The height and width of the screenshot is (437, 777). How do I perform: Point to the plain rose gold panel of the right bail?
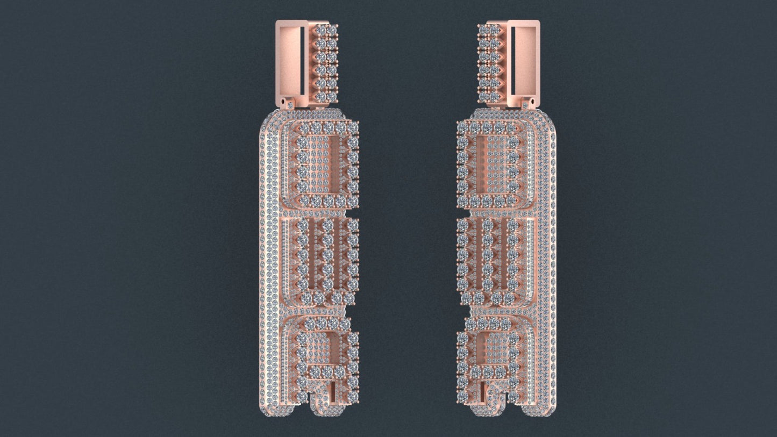tap(526, 59)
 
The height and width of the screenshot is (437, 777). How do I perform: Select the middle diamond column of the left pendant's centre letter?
tap(327, 253)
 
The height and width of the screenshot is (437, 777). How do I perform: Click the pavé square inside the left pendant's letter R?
tap(322, 349)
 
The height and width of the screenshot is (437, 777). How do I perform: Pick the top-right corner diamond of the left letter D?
tap(353, 127)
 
